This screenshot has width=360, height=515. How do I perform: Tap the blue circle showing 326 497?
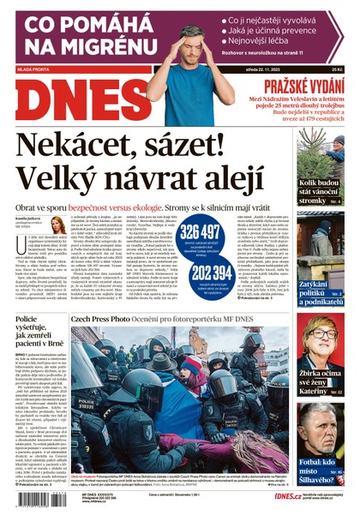(202, 237)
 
